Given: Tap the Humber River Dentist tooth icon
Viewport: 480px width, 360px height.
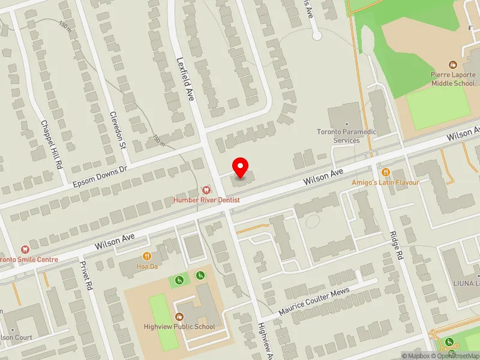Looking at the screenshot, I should coord(206,190).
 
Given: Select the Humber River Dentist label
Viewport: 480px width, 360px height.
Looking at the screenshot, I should coord(206,199).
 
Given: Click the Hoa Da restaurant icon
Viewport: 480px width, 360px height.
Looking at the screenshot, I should coord(146,256).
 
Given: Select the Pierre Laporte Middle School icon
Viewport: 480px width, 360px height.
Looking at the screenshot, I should coord(453,64).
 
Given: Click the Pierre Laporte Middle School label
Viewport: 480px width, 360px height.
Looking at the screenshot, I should coord(452,79).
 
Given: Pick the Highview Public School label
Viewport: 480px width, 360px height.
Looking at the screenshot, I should coord(179,327).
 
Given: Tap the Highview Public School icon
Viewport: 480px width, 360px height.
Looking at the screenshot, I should coord(179,317).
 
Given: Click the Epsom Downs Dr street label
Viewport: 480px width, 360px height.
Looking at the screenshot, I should coord(100,169).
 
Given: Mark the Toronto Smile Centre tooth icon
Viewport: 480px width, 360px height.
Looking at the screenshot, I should coord(25,249).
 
